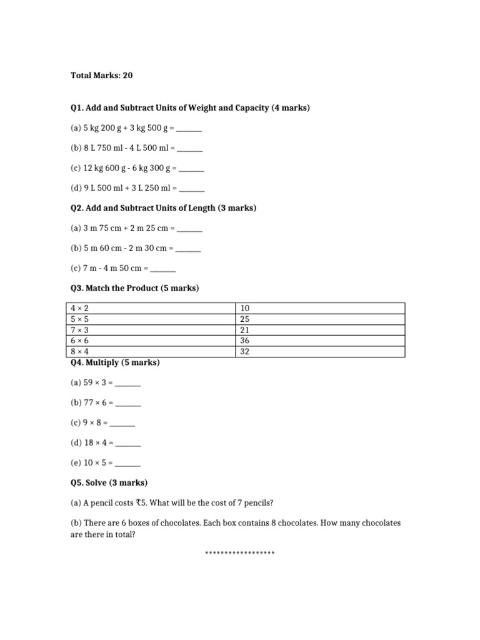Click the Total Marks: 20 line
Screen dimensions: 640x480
click(101, 76)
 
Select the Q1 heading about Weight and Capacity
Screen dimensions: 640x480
click(190, 108)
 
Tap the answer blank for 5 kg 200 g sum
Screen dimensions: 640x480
click(189, 129)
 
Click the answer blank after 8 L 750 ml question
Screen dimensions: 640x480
click(190, 149)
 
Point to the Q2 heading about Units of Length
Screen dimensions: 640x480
click(163, 207)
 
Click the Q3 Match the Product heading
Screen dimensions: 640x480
click(134, 288)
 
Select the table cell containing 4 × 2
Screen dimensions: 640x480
click(150, 308)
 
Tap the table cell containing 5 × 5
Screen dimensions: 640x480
click(150, 319)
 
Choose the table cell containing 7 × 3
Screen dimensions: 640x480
click(150, 330)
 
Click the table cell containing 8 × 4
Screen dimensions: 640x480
click(150, 352)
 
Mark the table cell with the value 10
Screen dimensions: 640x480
click(320, 308)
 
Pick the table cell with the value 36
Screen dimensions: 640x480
click(320, 341)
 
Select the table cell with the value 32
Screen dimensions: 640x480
click(320, 352)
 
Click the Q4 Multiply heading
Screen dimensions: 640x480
click(115, 362)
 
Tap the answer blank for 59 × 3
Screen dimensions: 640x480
click(128, 384)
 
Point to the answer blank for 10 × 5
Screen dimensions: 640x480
click(128, 464)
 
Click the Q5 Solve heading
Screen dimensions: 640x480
click(109, 482)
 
